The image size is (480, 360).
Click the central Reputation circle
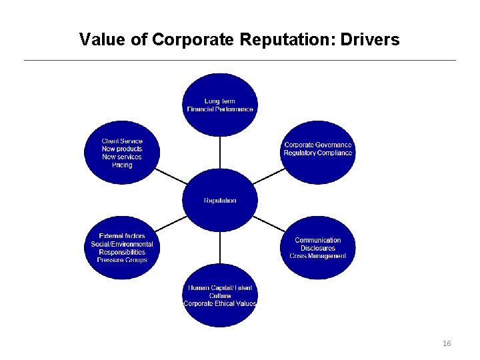(x=220, y=200)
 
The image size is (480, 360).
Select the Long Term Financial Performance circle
(x=220, y=105)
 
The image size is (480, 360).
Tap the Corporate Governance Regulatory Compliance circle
(x=318, y=152)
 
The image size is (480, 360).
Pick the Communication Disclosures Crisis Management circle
(x=318, y=247)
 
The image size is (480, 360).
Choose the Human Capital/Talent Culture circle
(x=220, y=295)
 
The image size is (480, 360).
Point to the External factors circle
(x=122, y=247)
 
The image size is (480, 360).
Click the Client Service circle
(x=122, y=152)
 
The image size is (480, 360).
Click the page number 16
(x=447, y=343)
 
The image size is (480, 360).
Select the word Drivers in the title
(x=369, y=40)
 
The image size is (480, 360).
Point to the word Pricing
(x=122, y=165)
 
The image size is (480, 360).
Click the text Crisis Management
(x=318, y=256)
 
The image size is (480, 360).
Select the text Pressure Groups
(x=122, y=260)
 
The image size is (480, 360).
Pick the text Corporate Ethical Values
(x=220, y=303)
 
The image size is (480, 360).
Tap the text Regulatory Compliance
(x=318, y=153)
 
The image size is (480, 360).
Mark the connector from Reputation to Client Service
(x=171, y=176)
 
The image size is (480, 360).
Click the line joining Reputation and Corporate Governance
(x=269, y=176)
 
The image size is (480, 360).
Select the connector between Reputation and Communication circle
(x=269, y=224)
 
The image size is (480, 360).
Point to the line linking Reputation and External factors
(x=171, y=224)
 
